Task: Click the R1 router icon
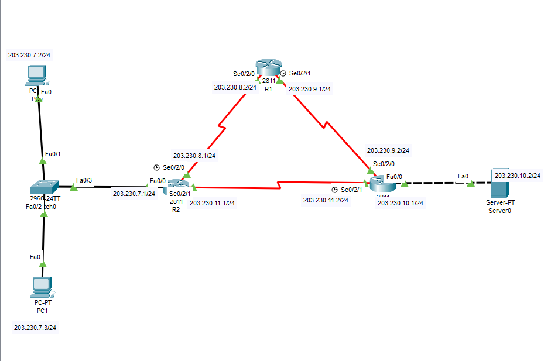click(x=268, y=68)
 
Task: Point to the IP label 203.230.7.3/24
click(x=35, y=327)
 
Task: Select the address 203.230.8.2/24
click(x=235, y=87)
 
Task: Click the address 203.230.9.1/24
click(x=310, y=90)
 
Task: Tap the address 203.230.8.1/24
click(x=194, y=156)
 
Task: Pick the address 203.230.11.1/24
click(x=213, y=204)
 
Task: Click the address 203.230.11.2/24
click(x=326, y=200)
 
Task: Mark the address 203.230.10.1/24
click(x=401, y=203)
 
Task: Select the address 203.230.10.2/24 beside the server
click(x=517, y=176)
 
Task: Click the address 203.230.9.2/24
click(x=388, y=150)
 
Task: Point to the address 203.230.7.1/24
click(x=134, y=194)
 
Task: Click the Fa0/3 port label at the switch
click(x=84, y=181)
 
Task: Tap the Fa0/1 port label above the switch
click(x=52, y=154)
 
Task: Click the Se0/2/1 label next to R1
click(x=302, y=73)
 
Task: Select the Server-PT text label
click(x=499, y=202)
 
